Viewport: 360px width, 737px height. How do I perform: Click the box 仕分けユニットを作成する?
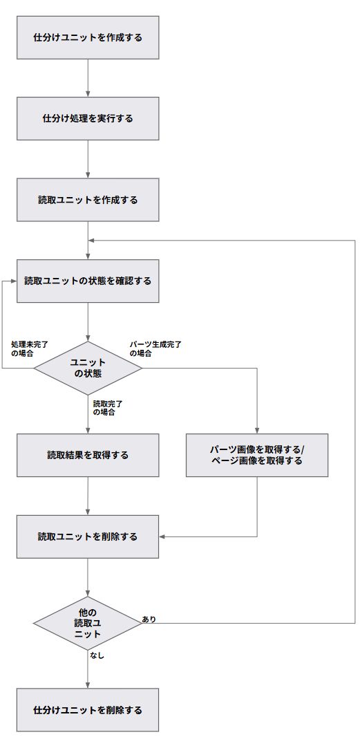[88, 37]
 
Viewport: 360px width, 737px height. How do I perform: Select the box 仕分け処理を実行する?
[88, 118]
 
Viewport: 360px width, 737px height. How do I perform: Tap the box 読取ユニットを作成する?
[88, 200]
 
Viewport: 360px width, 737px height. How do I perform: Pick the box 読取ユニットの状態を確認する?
[88, 281]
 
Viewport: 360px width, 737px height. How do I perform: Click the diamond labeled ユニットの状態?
[88, 368]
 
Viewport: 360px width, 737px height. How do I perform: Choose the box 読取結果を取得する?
[88, 455]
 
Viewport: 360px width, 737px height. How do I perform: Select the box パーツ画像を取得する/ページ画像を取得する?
[257, 455]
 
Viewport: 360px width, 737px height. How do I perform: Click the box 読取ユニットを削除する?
[88, 537]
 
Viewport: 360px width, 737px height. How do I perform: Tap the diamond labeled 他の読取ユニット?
[88, 623]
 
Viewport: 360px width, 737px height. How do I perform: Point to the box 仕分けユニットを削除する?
[88, 710]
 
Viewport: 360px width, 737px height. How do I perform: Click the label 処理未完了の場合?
[30, 348]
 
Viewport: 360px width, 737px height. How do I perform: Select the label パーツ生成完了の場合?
[155, 348]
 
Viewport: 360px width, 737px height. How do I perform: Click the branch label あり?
[149, 619]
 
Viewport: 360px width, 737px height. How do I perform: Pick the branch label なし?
[96, 655]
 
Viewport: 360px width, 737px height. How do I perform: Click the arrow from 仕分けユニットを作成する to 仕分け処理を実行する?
[88, 78]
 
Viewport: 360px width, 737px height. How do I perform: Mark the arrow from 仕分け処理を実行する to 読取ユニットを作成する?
[88, 159]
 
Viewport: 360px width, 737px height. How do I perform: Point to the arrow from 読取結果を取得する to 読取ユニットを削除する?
[88, 496]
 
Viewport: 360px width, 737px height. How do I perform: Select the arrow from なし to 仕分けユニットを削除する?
[88, 669]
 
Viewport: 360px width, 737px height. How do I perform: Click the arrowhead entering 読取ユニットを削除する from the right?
[162, 537]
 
